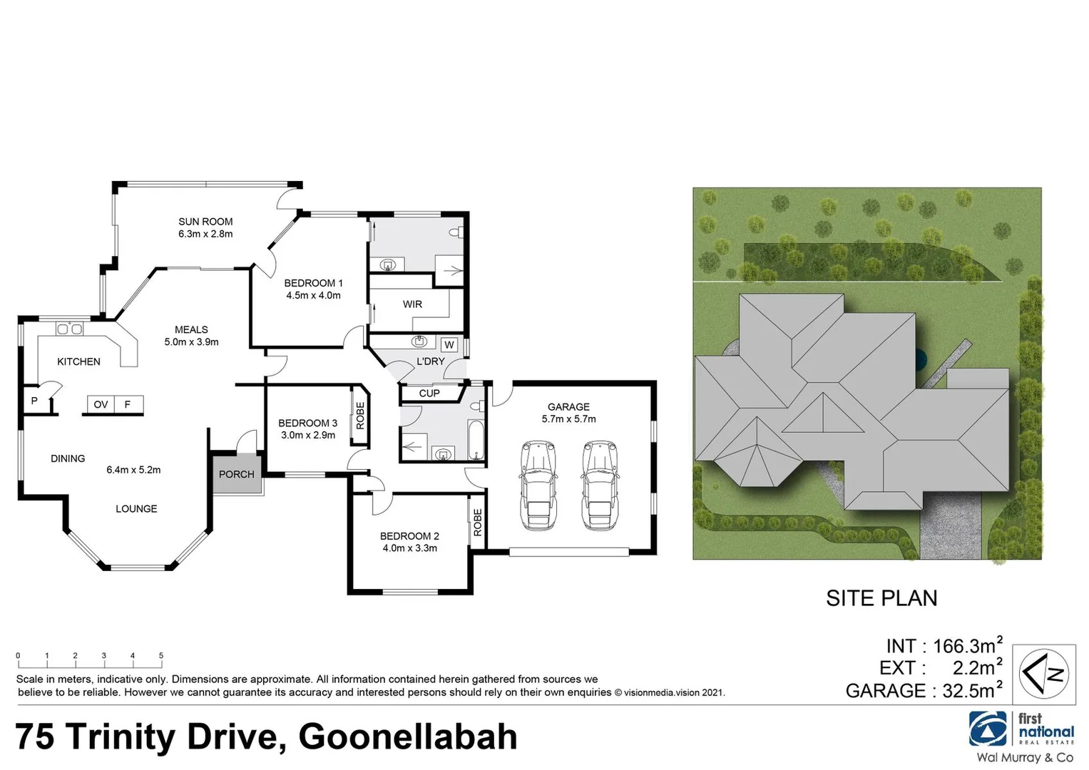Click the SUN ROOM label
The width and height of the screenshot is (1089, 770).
tap(205, 222)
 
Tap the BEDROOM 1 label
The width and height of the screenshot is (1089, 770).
tap(313, 283)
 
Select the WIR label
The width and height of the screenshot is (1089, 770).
tap(412, 304)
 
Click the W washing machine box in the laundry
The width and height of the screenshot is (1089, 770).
tap(449, 345)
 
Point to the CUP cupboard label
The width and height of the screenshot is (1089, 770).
tap(429, 394)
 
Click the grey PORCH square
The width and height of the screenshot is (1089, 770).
tap(236, 474)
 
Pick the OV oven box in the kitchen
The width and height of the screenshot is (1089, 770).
tap(101, 405)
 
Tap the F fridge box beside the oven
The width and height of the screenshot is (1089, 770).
tap(128, 405)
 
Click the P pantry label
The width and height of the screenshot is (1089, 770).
tap(34, 401)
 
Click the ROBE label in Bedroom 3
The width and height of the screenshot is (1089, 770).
tap(360, 416)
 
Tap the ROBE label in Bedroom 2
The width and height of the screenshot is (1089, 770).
tap(478, 523)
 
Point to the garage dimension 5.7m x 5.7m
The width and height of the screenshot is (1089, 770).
tap(568, 419)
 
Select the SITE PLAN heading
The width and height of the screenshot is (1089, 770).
tap(881, 598)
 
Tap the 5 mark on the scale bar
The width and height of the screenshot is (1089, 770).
tap(161, 656)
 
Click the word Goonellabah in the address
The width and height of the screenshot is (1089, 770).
tap(408, 737)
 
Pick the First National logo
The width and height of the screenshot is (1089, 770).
tap(1021, 729)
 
